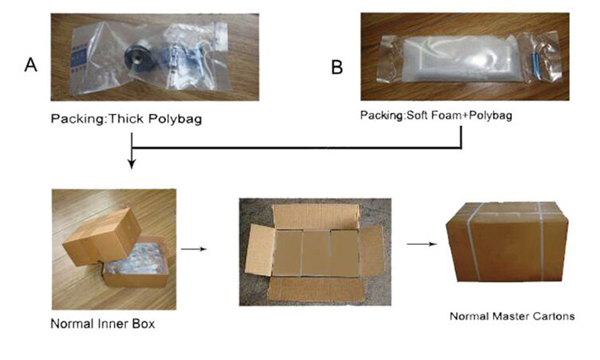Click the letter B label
pos(337,67)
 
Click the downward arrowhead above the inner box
pos(133,163)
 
